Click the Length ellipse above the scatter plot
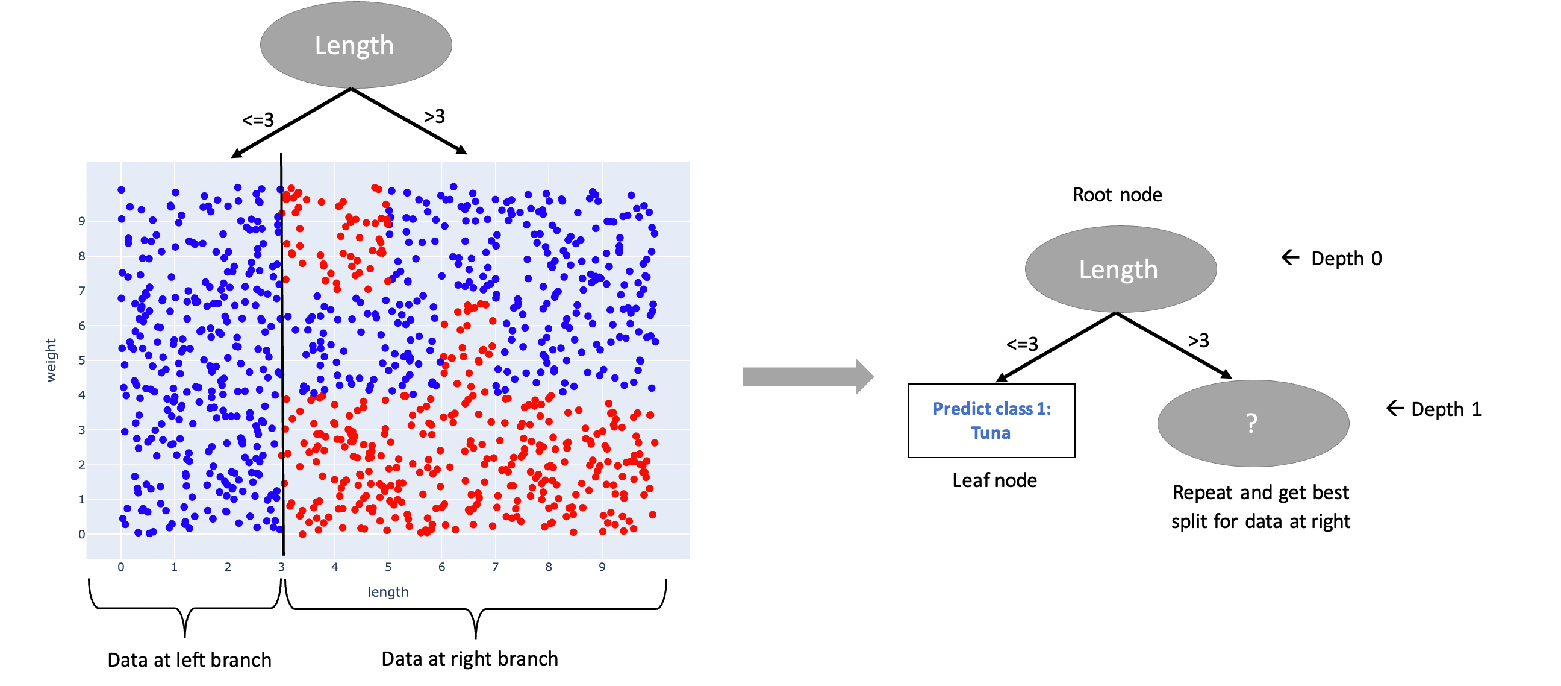(x=356, y=45)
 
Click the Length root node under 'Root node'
(x=1120, y=269)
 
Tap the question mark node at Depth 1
(x=1253, y=423)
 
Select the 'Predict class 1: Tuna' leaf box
(x=991, y=420)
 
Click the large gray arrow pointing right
(x=808, y=377)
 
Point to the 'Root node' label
(x=1117, y=195)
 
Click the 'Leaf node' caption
(x=994, y=480)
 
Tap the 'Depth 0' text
(x=1347, y=259)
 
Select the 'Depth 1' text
(x=1446, y=409)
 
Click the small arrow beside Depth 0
(x=1290, y=258)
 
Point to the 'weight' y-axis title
(x=51, y=360)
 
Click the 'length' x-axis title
(x=388, y=591)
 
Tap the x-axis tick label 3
(x=281, y=567)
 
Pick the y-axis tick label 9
(x=82, y=221)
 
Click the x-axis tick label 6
(x=442, y=567)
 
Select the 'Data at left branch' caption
(x=189, y=660)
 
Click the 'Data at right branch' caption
(x=470, y=659)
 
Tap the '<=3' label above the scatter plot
(x=258, y=120)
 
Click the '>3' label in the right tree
(x=1198, y=340)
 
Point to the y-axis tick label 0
(x=82, y=534)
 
